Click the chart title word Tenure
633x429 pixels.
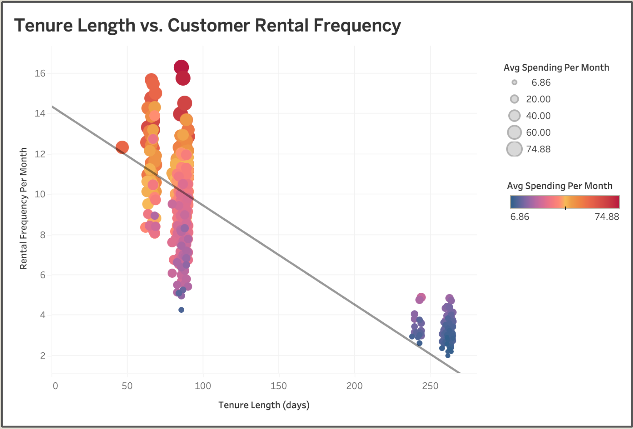tap(43, 25)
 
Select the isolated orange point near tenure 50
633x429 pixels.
tap(122, 147)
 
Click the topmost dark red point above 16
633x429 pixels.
tap(181, 67)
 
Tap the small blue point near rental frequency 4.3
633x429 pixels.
tap(181, 310)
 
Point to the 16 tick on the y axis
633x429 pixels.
tap(40, 73)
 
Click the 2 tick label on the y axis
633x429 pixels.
tap(43, 356)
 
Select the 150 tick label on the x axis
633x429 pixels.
tap(278, 386)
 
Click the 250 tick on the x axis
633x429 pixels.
tap(430, 386)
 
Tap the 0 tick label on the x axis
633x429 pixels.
tap(55, 386)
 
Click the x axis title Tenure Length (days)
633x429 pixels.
tap(264, 405)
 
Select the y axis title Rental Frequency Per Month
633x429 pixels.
tap(23, 208)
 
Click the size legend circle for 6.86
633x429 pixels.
tap(514, 83)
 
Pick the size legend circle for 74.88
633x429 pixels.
tap(514, 149)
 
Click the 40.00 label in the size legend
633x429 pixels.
tap(538, 116)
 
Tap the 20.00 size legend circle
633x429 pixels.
tap(514, 99)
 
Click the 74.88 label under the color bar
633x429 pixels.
tap(606, 217)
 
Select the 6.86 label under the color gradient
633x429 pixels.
tap(520, 217)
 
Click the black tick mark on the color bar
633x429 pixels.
tap(565, 208)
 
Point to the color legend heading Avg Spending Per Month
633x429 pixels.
tap(559, 186)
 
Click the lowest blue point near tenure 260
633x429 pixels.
tap(448, 356)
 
